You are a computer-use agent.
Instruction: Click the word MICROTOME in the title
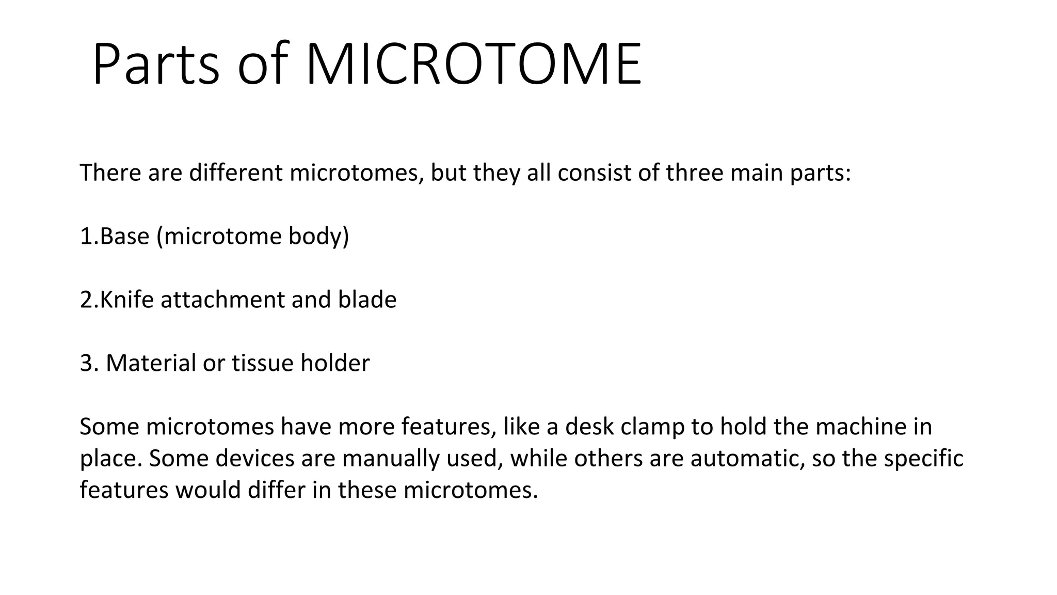(474, 65)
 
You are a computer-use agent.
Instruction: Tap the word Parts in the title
(156, 65)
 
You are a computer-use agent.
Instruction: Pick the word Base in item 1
(124, 236)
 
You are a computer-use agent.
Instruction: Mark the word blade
(367, 300)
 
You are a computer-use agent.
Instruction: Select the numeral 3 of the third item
(86, 363)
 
